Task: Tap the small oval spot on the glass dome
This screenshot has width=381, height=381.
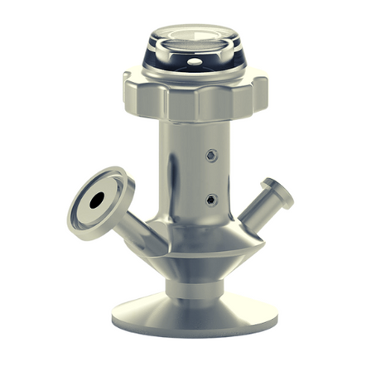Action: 193,61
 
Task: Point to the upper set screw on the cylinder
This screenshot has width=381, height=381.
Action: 214,154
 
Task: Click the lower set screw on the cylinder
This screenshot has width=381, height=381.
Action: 213,200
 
